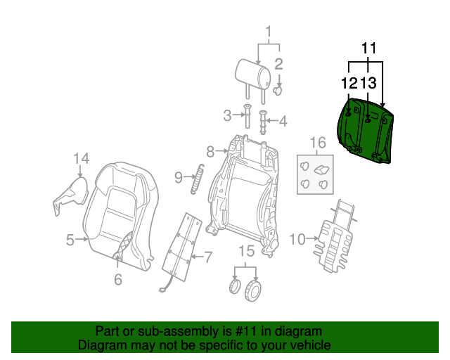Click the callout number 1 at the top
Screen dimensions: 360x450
click(268, 31)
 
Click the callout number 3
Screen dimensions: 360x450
click(226, 115)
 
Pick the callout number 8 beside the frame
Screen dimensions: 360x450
click(210, 150)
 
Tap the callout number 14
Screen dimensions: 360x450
click(82, 158)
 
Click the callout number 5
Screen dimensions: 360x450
click(70, 240)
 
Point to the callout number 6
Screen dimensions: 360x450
click(117, 278)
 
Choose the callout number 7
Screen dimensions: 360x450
click(207, 257)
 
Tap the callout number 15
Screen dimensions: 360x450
click(245, 251)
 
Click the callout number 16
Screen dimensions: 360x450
click(319, 143)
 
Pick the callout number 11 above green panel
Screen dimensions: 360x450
click(369, 49)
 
